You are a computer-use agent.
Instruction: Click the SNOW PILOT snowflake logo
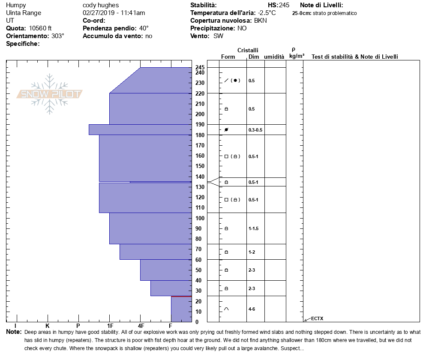(x=50, y=94)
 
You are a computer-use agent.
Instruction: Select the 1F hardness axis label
(x=110, y=326)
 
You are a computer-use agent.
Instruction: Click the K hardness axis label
(x=48, y=326)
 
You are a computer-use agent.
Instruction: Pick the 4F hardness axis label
(x=141, y=326)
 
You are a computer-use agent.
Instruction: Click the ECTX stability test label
(x=317, y=318)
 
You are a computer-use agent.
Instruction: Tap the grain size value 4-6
(x=252, y=309)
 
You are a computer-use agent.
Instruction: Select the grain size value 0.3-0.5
(x=255, y=130)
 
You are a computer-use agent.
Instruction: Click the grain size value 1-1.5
(x=253, y=228)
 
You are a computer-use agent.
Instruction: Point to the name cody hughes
(x=101, y=5)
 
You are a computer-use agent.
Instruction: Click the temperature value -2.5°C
(x=267, y=13)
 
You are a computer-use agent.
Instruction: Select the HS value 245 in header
(x=284, y=5)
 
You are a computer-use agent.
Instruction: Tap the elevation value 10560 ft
(x=40, y=28)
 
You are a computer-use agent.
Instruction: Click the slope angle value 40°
(x=144, y=28)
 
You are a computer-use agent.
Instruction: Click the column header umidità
(x=274, y=57)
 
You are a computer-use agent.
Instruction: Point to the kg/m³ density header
(x=297, y=56)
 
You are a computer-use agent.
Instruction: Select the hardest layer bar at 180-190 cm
(x=140, y=129)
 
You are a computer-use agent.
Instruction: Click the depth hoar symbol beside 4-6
(x=226, y=309)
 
